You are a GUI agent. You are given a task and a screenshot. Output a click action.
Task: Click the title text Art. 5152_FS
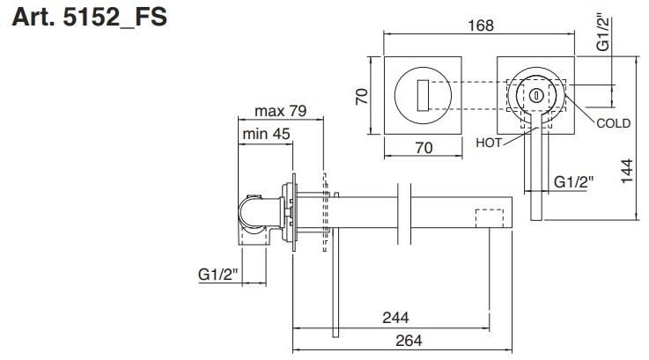[x=90, y=18]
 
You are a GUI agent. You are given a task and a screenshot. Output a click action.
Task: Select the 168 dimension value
[x=481, y=26]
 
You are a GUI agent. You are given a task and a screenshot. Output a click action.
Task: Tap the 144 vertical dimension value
[x=627, y=171]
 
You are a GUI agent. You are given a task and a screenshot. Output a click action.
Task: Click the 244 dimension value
[x=395, y=318]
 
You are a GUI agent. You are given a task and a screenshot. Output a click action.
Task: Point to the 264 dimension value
[x=409, y=340]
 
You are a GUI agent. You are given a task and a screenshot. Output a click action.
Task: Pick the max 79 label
[x=281, y=111]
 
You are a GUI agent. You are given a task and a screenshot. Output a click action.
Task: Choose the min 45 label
[x=266, y=134]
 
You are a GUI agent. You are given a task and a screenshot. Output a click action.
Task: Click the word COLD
[x=614, y=123]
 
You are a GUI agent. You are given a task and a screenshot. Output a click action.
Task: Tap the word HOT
[x=489, y=143]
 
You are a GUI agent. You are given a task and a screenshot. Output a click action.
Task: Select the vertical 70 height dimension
[x=362, y=97]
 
